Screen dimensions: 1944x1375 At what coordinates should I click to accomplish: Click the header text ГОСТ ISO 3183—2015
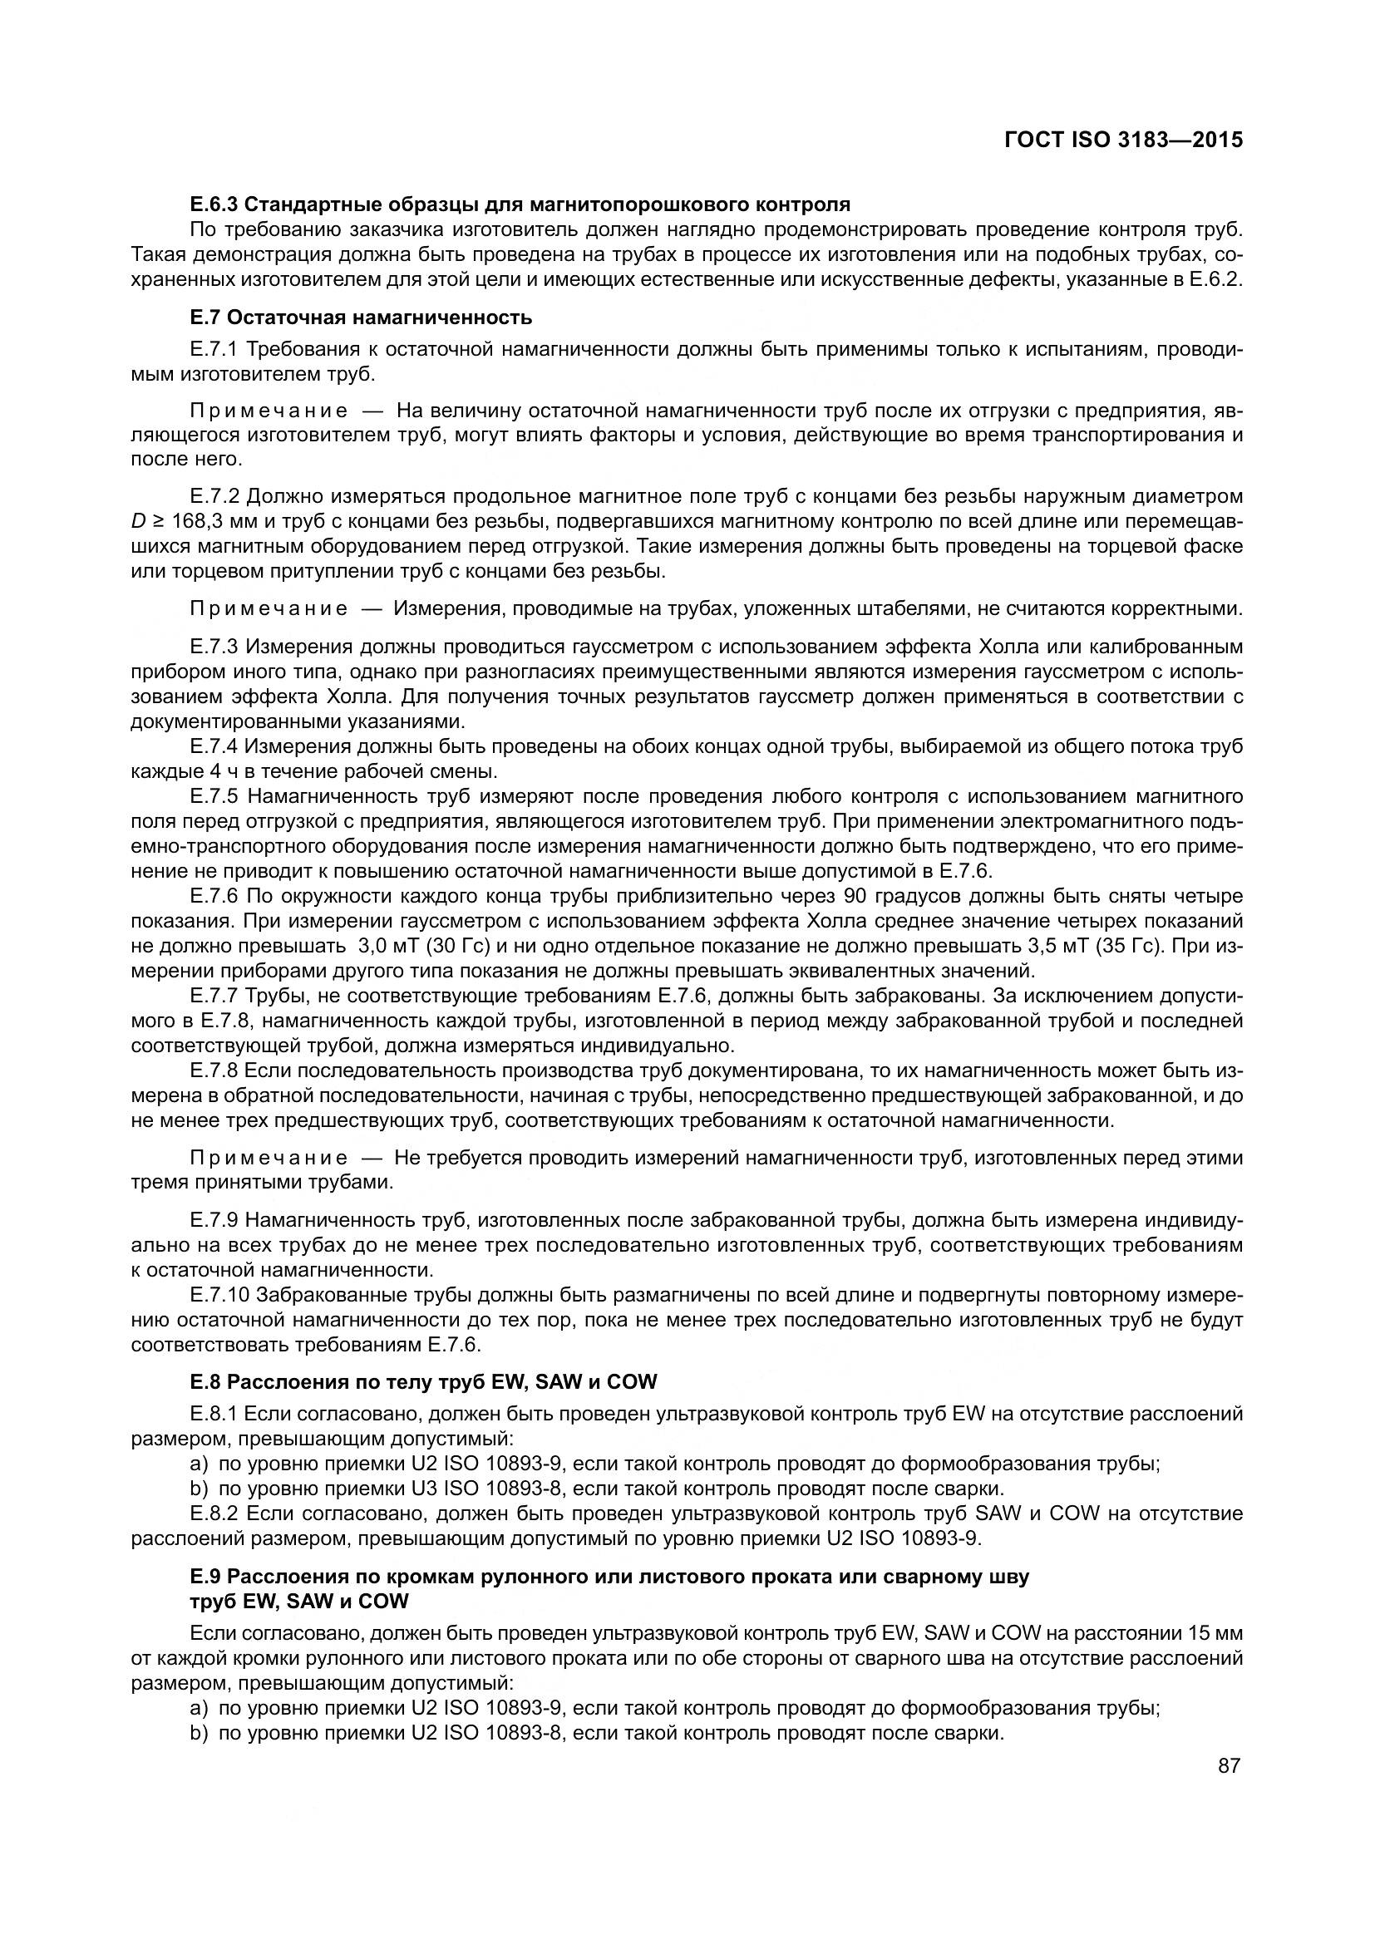(x=1124, y=140)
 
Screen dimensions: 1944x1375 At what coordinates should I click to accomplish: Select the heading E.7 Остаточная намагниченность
(x=362, y=317)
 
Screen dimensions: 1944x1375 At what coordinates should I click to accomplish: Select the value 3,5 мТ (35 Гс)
(x=1093, y=946)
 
